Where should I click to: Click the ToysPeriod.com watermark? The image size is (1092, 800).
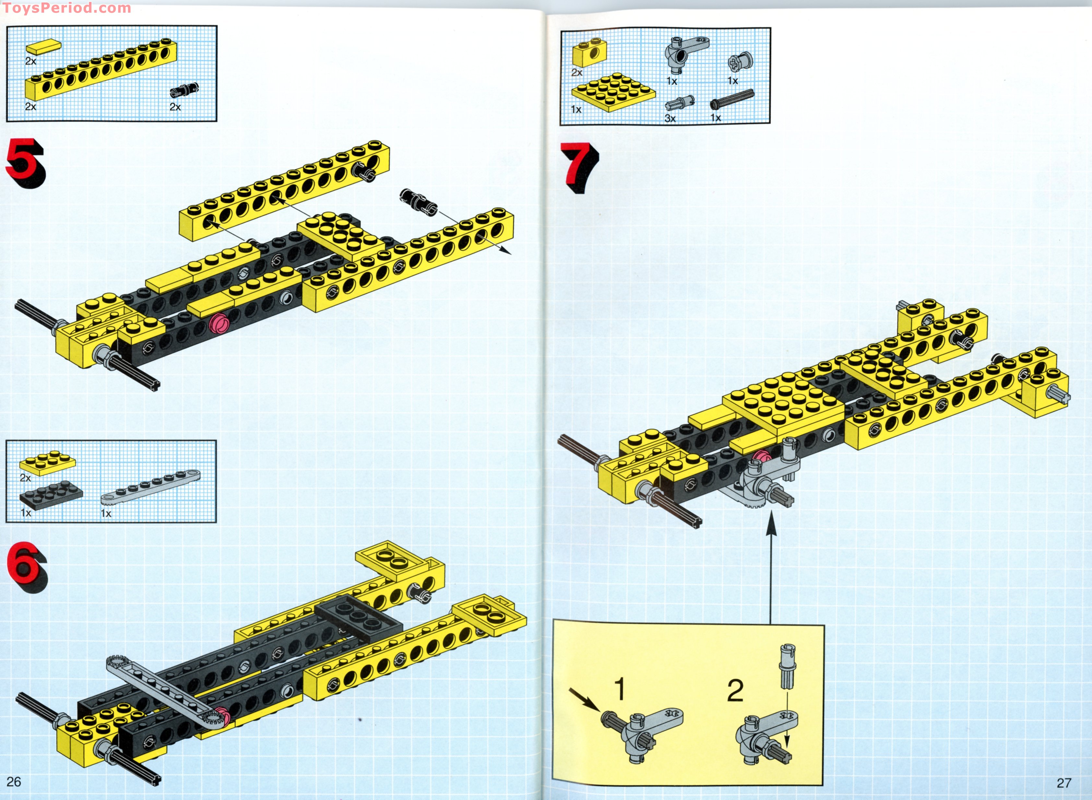(67, 8)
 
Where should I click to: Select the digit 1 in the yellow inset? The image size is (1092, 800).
(620, 689)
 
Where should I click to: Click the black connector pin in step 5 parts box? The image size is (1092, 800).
(184, 90)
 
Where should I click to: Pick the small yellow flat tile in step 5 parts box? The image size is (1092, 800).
(43, 47)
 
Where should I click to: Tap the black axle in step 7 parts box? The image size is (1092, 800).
(732, 99)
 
